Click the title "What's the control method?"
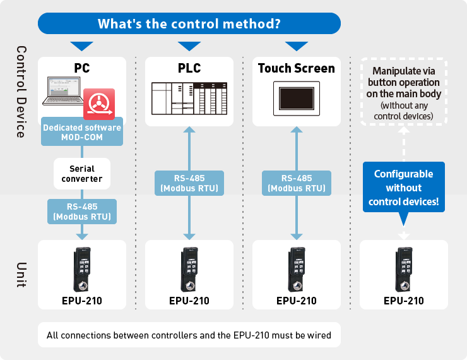pyautogui.click(x=189, y=24)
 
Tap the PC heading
pyautogui.click(x=82, y=68)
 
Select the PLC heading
pyautogui.click(x=189, y=68)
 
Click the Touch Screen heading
pyautogui.click(x=297, y=68)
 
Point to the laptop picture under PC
pyautogui.click(x=67, y=92)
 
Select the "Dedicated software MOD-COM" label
pyautogui.click(x=82, y=132)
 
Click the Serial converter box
pyautogui.click(x=82, y=174)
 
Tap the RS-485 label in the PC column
pyautogui.click(x=82, y=211)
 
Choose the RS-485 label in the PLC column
pyautogui.click(x=189, y=183)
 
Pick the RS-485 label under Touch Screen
pyautogui.click(x=297, y=183)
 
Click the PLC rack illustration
pyautogui.click(x=189, y=98)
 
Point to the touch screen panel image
pyautogui.click(x=297, y=98)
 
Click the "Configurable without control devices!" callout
pyautogui.click(x=404, y=188)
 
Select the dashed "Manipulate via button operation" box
pyautogui.click(x=404, y=92)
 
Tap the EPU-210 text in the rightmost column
pyautogui.click(x=404, y=301)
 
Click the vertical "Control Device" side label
pyautogui.click(x=20, y=92)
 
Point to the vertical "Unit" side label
pyautogui.click(x=20, y=275)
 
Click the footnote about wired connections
pyautogui.click(x=189, y=335)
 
